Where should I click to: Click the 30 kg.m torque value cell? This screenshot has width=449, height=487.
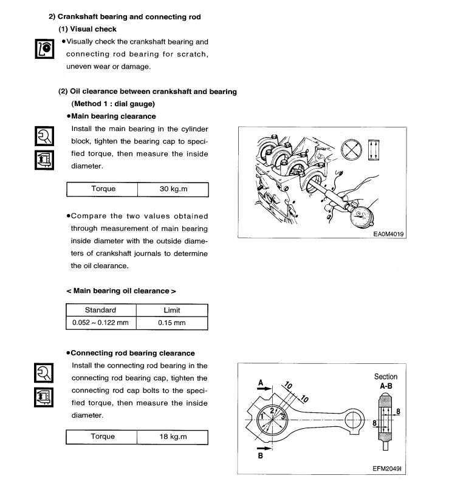[x=173, y=189]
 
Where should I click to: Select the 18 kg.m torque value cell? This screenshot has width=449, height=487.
[x=173, y=437]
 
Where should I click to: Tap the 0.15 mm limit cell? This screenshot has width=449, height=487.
[x=172, y=323]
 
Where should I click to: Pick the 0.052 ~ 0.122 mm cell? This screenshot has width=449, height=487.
[x=100, y=323]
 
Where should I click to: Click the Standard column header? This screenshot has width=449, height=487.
[x=100, y=311]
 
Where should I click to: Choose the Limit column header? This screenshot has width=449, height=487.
[x=172, y=311]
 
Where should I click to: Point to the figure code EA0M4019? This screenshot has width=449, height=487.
[x=388, y=234]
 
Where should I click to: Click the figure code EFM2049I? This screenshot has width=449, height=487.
[x=387, y=469]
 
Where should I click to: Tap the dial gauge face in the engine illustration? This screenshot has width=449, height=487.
[x=361, y=217]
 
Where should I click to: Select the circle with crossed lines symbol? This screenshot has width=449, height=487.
[x=351, y=149]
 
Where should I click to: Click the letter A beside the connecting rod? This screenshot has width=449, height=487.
[x=261, y=383]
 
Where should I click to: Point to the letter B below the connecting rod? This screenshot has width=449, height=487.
[x=261, y=455]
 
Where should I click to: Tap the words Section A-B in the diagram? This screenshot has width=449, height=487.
[x=386, y=381]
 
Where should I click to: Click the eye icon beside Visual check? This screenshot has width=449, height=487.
[x=44, y=49]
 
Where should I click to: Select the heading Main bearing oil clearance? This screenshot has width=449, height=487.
[x=122, y=291]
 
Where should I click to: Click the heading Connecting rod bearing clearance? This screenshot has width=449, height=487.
[x=131, y=353]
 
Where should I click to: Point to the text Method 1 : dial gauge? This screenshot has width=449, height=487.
[x=113, y=104]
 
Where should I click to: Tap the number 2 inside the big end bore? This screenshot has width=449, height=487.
[x=272, y=411]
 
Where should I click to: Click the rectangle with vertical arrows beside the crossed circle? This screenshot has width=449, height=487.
[x=374, y=150]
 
